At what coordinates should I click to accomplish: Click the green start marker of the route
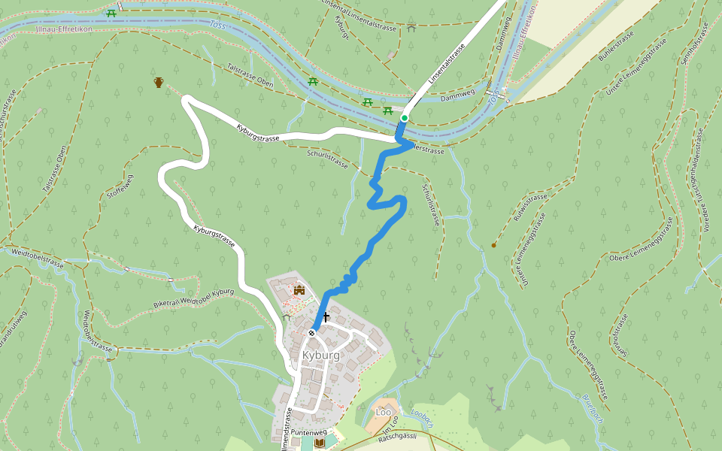(x=404, y=118)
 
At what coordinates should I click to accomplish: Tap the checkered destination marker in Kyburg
(x=311, y=332)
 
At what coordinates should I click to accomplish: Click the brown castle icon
(x=299, y=289)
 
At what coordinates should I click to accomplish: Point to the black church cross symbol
(x=326, y=317)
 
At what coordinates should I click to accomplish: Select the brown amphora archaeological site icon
(x=159, y=82)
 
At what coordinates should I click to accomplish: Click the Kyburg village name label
(x=320, y=355)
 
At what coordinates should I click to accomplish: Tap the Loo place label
(x=384, y=412)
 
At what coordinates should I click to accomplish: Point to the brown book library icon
(x=320, y=444)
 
